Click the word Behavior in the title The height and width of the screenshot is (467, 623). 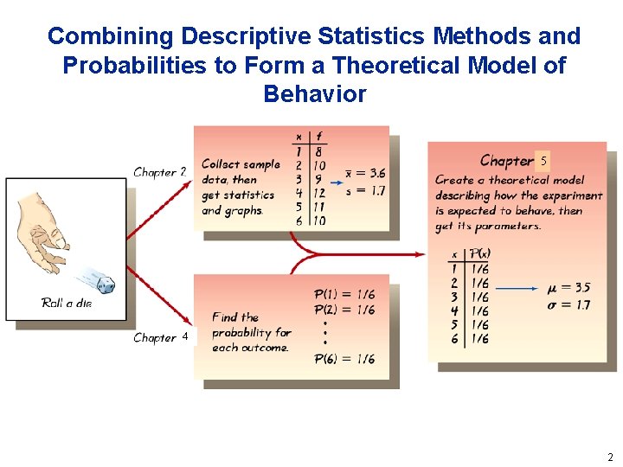314,93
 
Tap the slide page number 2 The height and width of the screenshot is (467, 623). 610,457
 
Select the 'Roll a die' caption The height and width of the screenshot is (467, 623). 66,303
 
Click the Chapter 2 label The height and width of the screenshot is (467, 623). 160,172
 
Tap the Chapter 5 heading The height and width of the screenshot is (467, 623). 514,161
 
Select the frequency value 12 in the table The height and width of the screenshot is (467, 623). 319,193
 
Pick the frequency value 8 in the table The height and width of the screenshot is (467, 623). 318,151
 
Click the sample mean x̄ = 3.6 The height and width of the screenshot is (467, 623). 365,174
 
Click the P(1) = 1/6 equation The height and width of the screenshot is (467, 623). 344,296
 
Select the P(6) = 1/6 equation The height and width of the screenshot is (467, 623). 344,359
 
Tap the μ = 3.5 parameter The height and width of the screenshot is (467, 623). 569,288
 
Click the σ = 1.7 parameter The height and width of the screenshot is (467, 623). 569,304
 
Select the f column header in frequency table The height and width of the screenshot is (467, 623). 318,137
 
